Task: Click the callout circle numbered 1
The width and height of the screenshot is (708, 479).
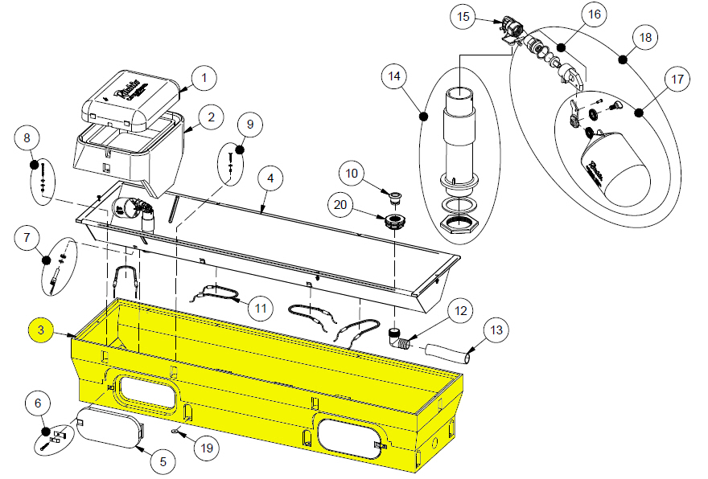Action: coord(204,78)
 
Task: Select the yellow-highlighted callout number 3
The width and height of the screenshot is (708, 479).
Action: coord(41,330)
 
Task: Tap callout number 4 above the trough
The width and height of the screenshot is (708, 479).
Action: coord(270,177)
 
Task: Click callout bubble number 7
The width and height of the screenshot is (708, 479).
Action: coord(27,238)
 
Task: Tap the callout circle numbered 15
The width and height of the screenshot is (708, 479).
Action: coord(463,16)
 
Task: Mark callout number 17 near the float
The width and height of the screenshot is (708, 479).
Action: coord(677,80)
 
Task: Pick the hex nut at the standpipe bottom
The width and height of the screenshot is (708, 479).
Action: coord(456,223)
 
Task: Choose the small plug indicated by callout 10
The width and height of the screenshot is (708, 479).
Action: coord(394,194)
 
